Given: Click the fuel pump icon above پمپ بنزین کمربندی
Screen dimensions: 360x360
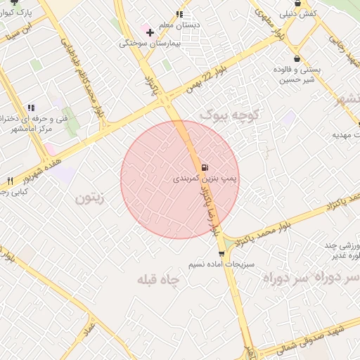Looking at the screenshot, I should pyautogui.click(x=205, y=167).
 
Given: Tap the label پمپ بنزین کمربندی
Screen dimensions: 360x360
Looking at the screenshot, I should pyautogui.click(x=205, y=179).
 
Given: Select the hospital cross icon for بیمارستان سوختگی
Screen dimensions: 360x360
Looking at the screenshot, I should pyautogui.click(x=149, y=32).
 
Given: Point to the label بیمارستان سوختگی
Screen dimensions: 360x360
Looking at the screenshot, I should pyautogui.click(x=146, y=44).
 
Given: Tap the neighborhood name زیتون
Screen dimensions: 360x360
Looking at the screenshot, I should pyautogui.click(x=89, y=199).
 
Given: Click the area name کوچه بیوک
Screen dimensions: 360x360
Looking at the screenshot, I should pyautogui.click(x=230, y=114).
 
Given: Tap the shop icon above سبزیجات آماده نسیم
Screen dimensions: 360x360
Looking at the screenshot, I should pyautogui.click(x=221, y=254).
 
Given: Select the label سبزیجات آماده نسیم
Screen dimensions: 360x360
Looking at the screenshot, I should pyautogui.click(x=221, y=265).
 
